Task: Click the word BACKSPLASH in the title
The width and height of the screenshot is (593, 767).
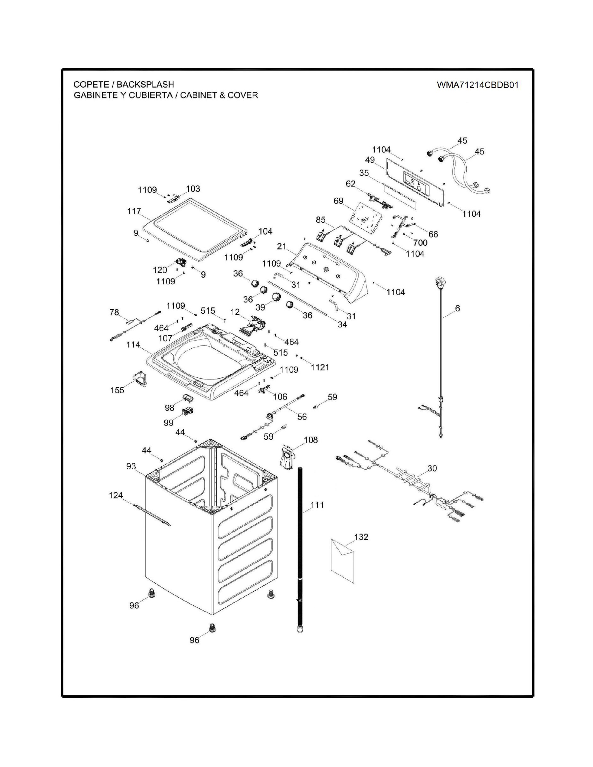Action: (145, 85)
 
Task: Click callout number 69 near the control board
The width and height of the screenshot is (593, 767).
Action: (338, 201)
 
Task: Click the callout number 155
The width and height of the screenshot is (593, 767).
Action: (117, 390)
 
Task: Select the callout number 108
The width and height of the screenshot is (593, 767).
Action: (310, 440)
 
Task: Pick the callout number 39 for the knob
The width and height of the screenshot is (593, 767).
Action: (260, 307)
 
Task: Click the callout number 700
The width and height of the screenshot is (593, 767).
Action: (420, 243)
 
